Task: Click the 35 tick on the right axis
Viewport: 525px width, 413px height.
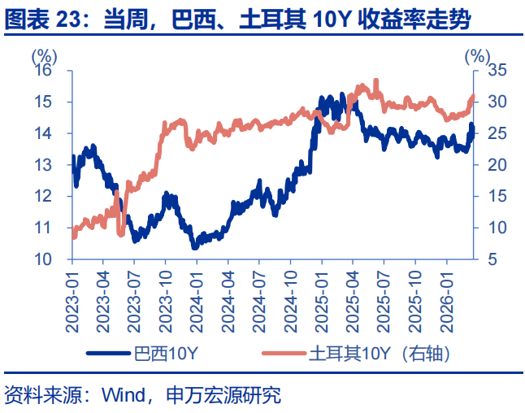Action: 497,71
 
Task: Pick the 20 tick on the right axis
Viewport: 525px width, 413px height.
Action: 497,165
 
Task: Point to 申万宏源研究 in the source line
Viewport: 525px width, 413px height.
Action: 223,396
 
